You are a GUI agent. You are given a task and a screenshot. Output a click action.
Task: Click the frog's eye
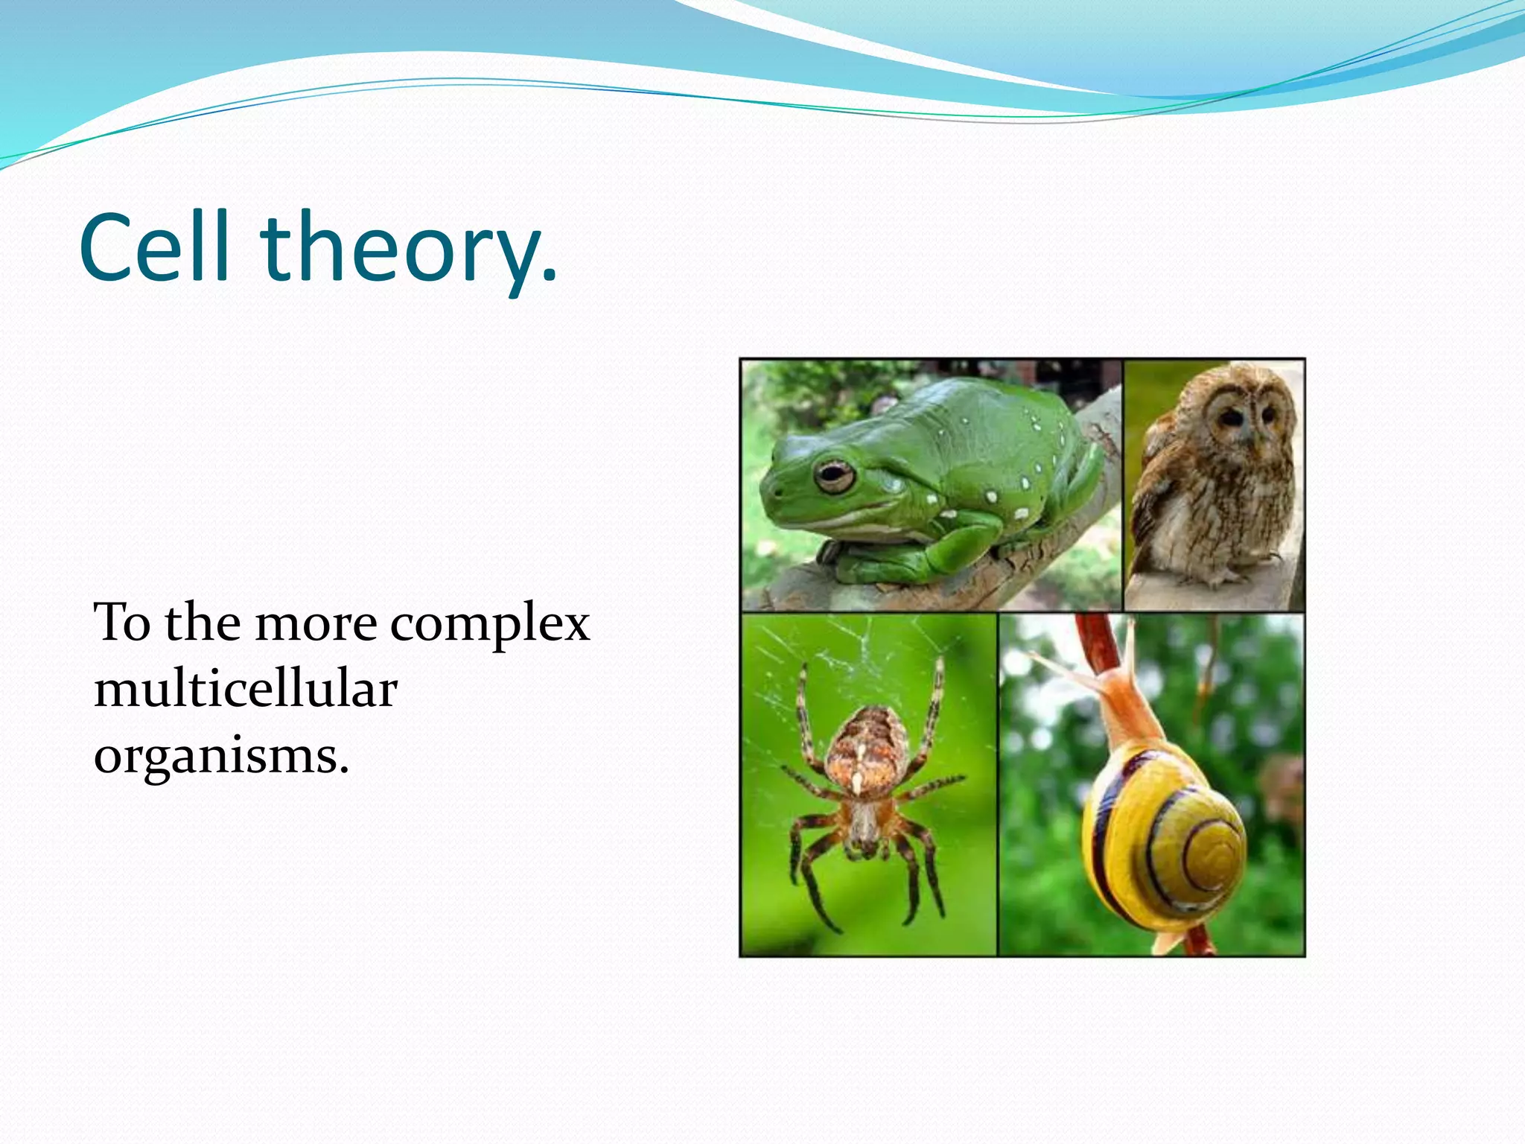pyautogui.click(x=834, y=476)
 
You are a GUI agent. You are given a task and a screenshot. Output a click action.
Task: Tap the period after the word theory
pyautogui.click(x=549, y=279)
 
